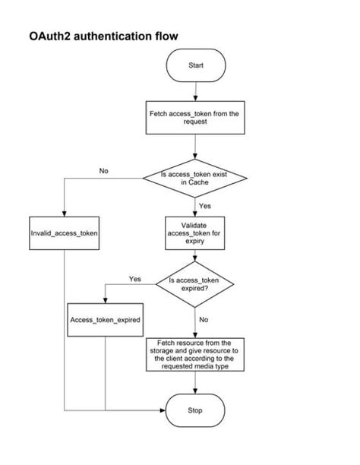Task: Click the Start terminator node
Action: [x=195, y=65]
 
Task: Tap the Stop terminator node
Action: [x=195, y=410]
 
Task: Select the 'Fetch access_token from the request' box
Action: [x=195, y=117]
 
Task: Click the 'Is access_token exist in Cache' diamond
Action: [x=195, y=179]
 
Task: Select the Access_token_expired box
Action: [x=105, y=320]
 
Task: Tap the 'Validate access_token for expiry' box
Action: [x=195, y=229]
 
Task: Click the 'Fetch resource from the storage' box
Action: [x=195, y=355]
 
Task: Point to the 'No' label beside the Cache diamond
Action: [x=103, y=170]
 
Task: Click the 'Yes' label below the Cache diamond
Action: [x=204, y=205]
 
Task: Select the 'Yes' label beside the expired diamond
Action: [x=135, y=279]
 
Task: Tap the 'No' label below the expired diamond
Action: [x=204, y=319]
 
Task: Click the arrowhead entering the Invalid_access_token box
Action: [x=65, y=215]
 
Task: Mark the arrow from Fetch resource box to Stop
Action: [x=195, y=383]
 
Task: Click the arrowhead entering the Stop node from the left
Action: [x=162, y=410]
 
